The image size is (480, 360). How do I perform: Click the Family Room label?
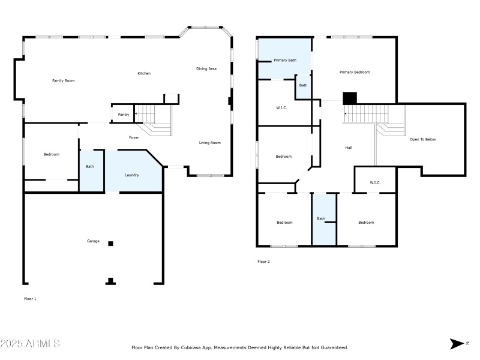pos(63,80)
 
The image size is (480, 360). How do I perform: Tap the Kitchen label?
pos(144,73)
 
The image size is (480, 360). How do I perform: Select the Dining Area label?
pos(206,69)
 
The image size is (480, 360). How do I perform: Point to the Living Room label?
pos(210,143)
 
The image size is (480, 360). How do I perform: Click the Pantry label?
pos(124,115)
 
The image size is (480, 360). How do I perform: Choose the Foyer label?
pos(134,137)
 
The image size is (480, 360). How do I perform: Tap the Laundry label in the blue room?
pos(132,175)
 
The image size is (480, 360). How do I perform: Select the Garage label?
pos(93,241)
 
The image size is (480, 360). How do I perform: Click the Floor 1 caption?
pos(30,298)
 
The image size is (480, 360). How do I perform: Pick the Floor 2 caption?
pos(263,262)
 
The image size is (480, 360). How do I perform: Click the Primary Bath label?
pos(285,60)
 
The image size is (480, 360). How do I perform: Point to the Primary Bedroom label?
pos(355,72)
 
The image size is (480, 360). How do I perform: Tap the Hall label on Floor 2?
pos(349,148)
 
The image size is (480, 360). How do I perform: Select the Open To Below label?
pos(422,139)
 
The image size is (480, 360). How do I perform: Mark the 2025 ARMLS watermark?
pos(30,344)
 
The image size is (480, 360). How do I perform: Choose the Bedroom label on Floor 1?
pos(52,155)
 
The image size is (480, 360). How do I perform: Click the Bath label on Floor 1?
pos(89,167)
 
